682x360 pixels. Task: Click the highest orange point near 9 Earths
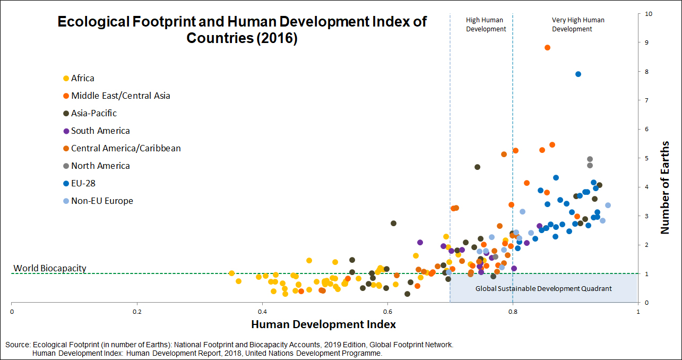coord(547,47)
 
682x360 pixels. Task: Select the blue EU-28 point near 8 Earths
coord(578,74)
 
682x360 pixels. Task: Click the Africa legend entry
coord(79,78)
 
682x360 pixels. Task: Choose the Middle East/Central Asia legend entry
coord(117,96)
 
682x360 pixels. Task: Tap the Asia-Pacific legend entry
coord(90,113)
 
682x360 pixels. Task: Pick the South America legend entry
coord(97,131)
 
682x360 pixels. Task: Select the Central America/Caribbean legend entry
coord(122,148)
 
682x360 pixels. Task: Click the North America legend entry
coord(97,166)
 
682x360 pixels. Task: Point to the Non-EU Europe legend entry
coord(98,201)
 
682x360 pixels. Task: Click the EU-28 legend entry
coord(79,183)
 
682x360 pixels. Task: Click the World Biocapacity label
coord(50,268)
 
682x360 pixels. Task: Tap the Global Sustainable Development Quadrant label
coord(543,288)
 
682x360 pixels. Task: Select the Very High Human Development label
coord(578,24)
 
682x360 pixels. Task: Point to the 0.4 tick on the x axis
coord(262,312)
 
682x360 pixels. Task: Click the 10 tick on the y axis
coord(649,14)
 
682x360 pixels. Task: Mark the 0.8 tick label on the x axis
coord(513,312)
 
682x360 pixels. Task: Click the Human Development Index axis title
coord(323,324)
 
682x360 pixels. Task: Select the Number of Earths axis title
coord(665,187)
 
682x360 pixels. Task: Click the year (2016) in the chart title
coord(277,38)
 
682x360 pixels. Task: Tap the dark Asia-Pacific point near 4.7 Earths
coord(478,167)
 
